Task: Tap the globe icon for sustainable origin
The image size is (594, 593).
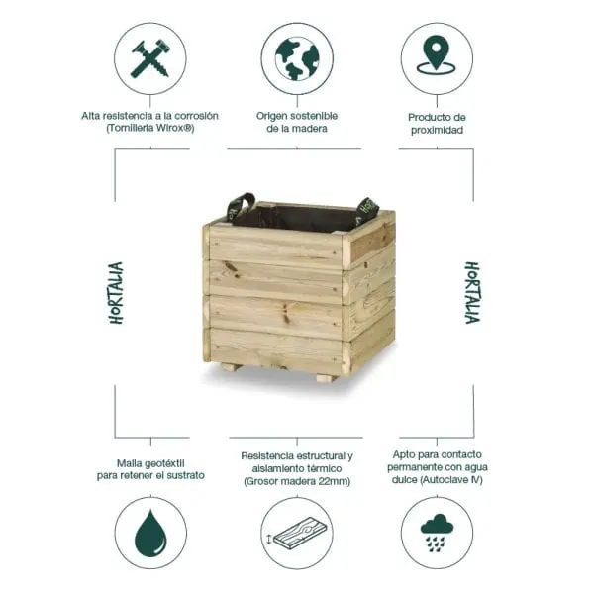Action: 296,57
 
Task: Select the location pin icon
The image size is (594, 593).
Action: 436,57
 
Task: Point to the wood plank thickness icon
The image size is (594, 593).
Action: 296,535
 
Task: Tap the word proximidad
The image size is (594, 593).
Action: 437,130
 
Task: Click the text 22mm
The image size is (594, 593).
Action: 333,481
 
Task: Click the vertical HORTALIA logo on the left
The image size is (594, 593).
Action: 116,294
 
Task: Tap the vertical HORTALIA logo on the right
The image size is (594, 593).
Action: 473,294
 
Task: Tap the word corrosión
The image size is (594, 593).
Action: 192,116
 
